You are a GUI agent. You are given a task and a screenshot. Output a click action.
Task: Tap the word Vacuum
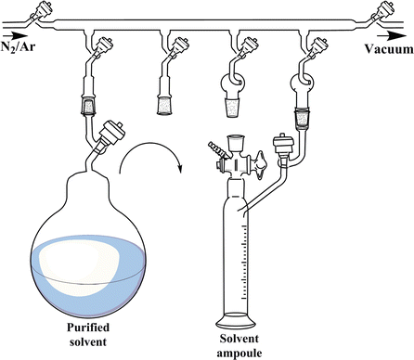388,49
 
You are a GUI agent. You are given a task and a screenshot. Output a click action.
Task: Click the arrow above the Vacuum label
395,37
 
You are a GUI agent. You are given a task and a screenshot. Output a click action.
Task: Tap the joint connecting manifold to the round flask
91,104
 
